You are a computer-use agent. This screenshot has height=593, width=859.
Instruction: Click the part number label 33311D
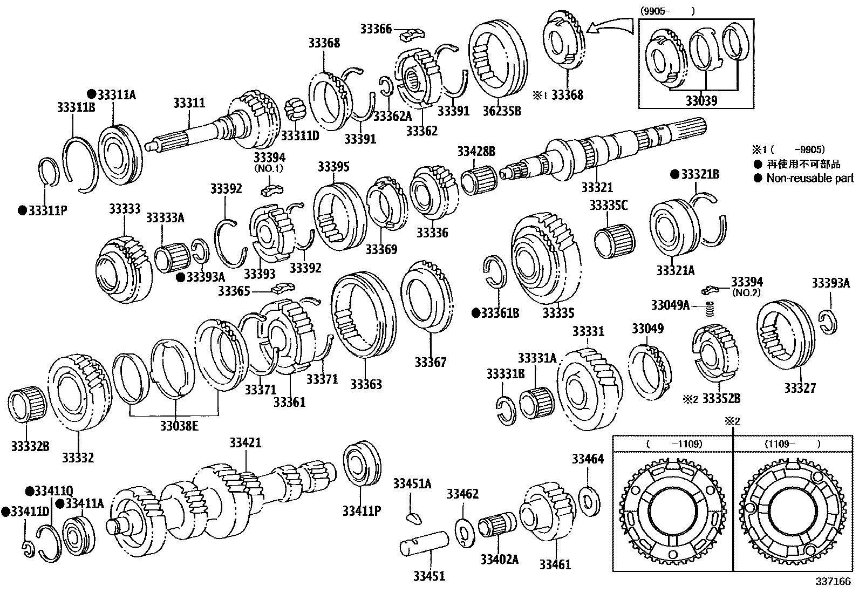point(300,135)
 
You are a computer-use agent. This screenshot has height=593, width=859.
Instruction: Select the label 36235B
point(502,111)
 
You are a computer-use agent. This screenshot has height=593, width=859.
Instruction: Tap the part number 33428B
point(476,152)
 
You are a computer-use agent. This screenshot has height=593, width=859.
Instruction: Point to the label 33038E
point(180,426)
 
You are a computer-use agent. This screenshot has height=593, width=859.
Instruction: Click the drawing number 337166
point(833,582)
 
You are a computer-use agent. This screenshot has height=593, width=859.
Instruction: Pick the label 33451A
point(412,484)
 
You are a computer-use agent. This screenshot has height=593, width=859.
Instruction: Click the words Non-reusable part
point(810,179)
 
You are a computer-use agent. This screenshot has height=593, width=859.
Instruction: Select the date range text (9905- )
point(667,11)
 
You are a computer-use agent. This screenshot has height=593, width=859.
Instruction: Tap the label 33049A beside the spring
point(670,305)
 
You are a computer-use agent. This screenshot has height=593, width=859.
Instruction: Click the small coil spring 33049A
point(710,309)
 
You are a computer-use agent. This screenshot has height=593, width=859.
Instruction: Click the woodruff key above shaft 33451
point(413,519)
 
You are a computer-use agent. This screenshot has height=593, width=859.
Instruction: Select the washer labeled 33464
point(589,501)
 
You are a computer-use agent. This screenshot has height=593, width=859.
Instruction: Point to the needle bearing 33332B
point(28,405)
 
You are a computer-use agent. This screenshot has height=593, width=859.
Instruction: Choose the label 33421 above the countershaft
point(246,442)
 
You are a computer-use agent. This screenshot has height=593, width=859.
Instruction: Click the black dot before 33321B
point(675,174)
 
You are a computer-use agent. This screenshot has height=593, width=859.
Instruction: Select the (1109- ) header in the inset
point(793,444)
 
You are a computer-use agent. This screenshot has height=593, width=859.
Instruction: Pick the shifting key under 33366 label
point(412,35)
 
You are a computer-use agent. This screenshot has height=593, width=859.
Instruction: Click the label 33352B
point(721,399)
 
